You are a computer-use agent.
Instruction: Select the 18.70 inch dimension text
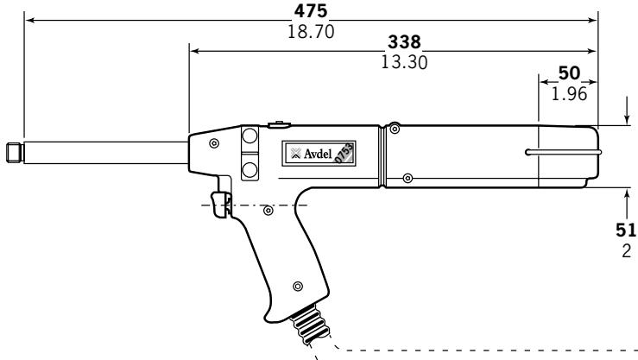(x=311, y=31)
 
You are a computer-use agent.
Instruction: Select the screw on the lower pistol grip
(x=297, y=286)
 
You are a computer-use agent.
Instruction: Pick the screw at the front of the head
(x=213, y=142)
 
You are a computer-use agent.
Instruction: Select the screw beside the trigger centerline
(x=268, y=209)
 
